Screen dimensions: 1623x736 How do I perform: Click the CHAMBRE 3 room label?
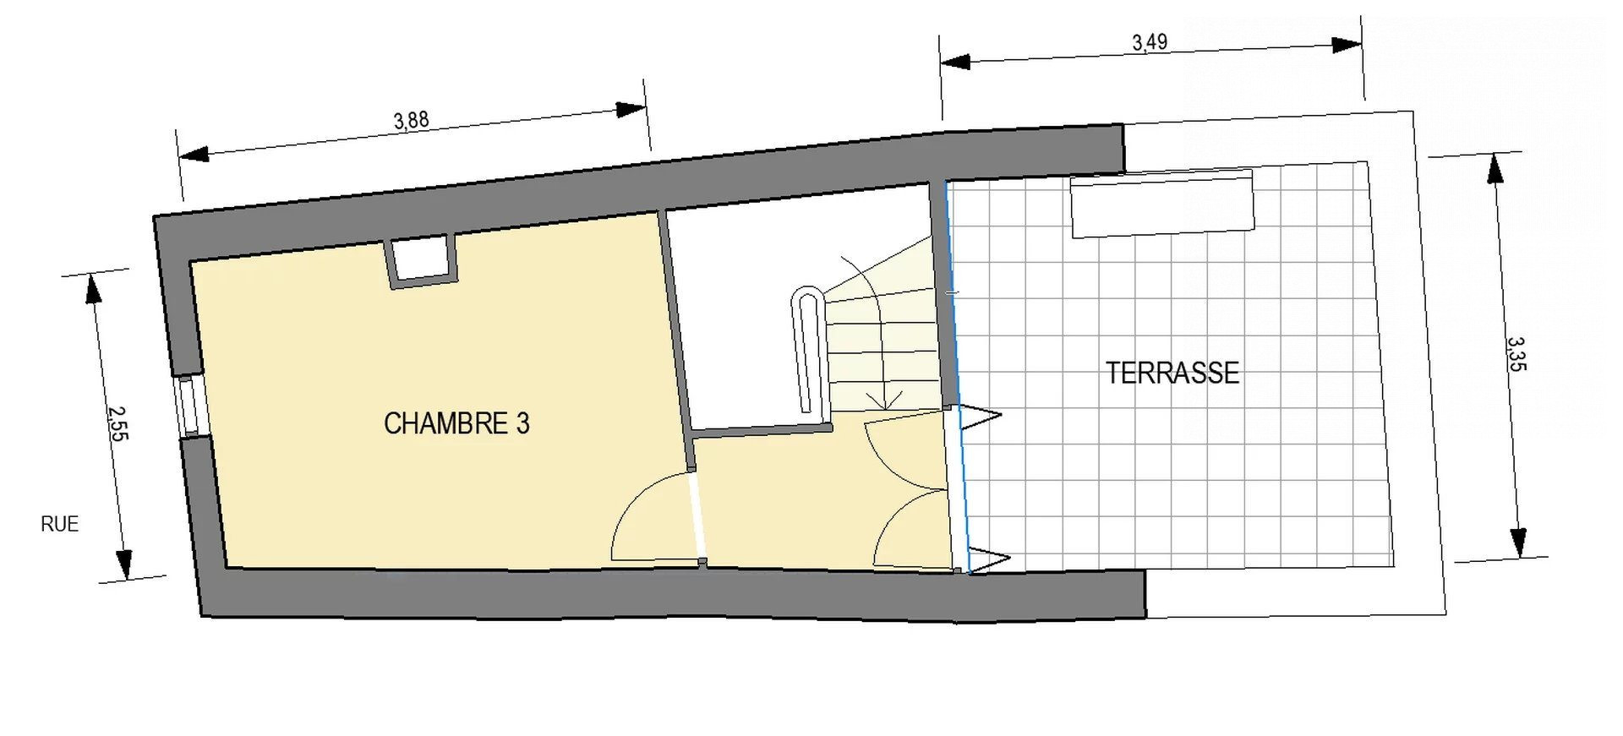pyautogui.click(x=456, y=423)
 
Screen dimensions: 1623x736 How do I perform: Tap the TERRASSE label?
pyautogui.click(x=1172, y=373)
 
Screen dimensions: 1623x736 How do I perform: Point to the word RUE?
pyautogui.click(x=59, y=524)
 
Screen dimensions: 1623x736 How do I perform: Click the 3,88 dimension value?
pyautogui.click(x=412, y=121)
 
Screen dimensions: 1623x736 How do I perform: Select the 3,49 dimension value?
pyautogui.click(x=1150, y=42)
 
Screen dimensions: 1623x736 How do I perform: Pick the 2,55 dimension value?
pyautogui.click(x=117, y=423)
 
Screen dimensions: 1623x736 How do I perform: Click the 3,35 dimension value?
pyautogui.click(x=1516, y=354)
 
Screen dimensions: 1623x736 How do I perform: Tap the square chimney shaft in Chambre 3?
pyautogui.click(x=421, y=260)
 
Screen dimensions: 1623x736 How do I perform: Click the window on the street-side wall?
pyautogui.click(x=189, y=406)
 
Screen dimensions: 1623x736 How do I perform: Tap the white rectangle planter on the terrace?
pyautogui.click(x=1162, y=204)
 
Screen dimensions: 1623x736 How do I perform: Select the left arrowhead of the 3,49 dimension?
pyautogui.click(x=956, y=62)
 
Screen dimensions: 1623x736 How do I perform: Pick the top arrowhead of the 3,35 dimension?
pyautogui.click(x=1495, y=169)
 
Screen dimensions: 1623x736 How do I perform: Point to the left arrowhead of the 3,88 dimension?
pyautogui.click(x=194, y=155)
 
